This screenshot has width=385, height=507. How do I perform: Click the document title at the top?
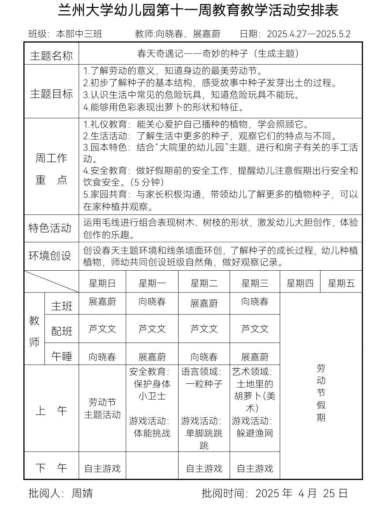pyautogui.click(x=198, y=11)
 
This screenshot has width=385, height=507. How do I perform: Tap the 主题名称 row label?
pyautogui.click(x=51, y=55)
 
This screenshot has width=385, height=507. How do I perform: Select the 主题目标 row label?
pyautogui.click(x=51, y=94)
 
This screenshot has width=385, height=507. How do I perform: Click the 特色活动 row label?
pyautogui.click(x=50, y=228)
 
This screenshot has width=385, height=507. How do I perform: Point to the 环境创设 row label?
pyautogui.click(x=50, y=256)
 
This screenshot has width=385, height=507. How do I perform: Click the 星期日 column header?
pyautogui.click(x=102, y=283)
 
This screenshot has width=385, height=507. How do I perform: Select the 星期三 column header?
pyautogui.click(x=255, y=283)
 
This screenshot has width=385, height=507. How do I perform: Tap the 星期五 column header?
pyautogui.click(x=341, y=283)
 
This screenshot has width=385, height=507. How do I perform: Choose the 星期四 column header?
pyautogui.click(x=300, y=283)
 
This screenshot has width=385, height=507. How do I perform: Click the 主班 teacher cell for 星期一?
pyautogui.click(x=152, y=302)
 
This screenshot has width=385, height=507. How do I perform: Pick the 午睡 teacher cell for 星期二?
pyautogui.click(x=204, y=357)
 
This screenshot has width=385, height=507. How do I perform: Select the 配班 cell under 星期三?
pyautogui.click(x=255, y=329)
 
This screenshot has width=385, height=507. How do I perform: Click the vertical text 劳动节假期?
pyautogui.click(x=321, y=392)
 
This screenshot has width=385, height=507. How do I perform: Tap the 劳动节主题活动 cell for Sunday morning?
pyautogui.click(x=102, y=409)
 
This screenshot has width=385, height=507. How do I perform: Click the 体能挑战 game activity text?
pyautogui.click(x=152, y=433)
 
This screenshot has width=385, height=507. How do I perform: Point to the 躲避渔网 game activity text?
pyautogui.click(x=255, y=433)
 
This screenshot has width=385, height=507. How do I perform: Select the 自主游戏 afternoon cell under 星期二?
pyautogui.click(x=204, y=468)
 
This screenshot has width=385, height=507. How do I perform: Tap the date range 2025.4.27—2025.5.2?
pyautogui.click(x=309, y=34)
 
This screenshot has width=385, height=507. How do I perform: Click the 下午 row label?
pyautogui.click(x=51, y=468)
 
